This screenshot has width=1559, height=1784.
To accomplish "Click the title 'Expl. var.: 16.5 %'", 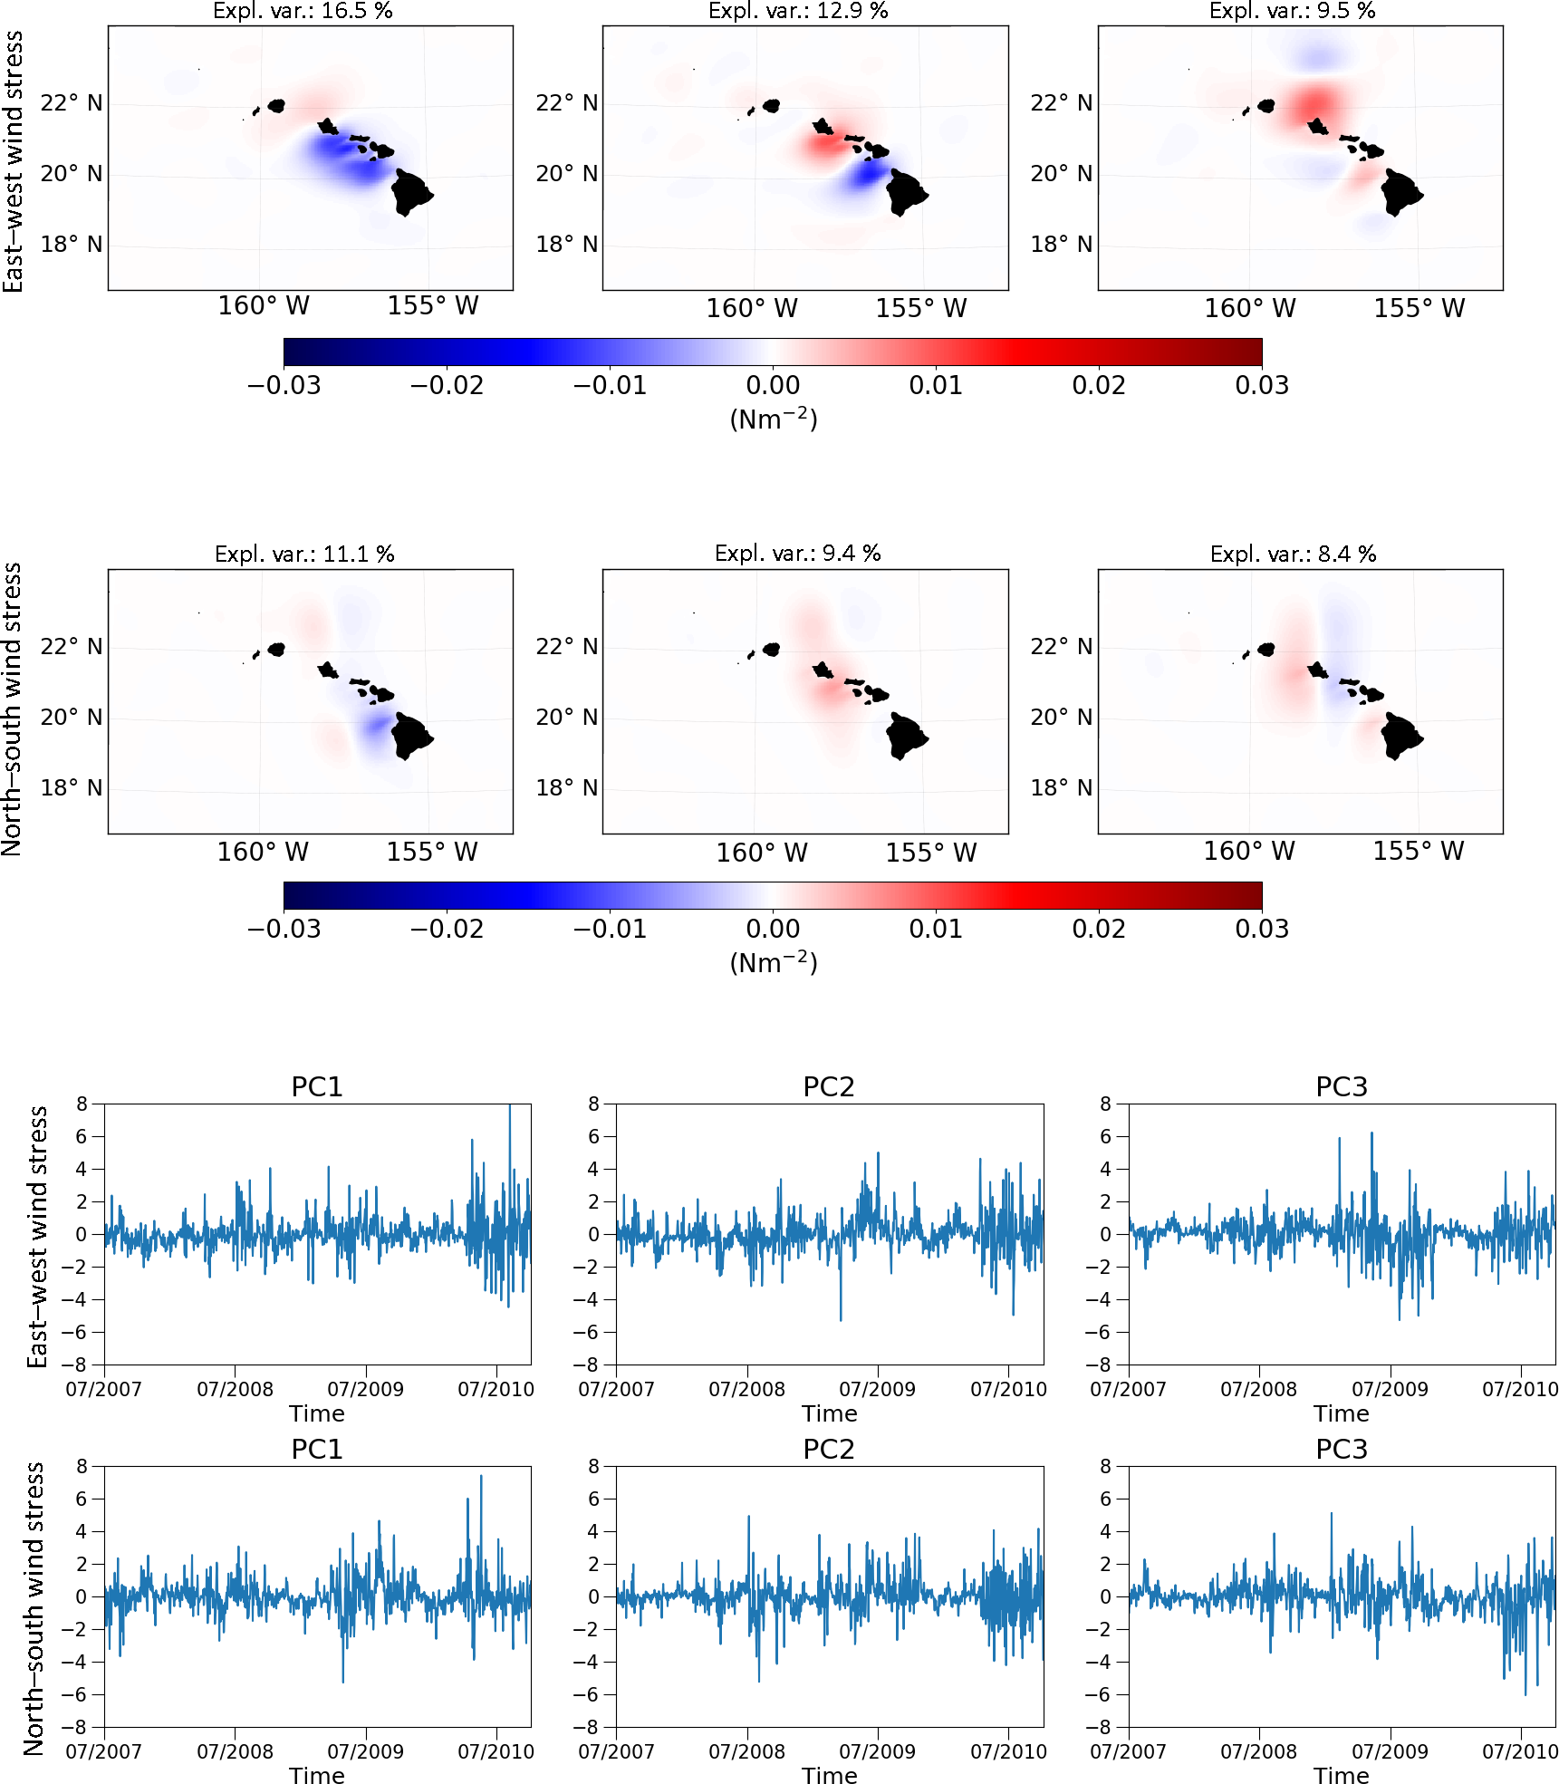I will [303, 11].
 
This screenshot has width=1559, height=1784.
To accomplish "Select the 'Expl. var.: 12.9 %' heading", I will [798, 11].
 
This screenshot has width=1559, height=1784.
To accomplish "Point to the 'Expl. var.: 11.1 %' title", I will [304, 554].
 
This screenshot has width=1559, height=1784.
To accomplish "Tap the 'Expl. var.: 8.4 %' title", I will [1293, 554].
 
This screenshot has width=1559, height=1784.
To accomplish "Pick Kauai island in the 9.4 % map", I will [772, 650].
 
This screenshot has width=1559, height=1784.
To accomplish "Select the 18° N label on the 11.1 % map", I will [71, 787].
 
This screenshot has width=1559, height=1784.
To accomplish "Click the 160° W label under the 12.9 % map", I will [752, 309].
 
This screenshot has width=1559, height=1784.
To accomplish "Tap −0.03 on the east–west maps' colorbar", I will [284, 386].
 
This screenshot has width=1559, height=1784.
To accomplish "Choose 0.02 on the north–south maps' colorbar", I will [1099, 930].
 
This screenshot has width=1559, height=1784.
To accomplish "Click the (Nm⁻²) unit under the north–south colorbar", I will [774, 962].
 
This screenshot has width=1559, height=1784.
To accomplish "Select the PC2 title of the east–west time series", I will [829, 1086].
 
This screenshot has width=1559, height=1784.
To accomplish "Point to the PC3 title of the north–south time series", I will [1341, 1449].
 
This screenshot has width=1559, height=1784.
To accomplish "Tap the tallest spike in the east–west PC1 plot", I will [510, 1108].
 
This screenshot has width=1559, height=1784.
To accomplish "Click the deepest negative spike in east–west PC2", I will [841, 1319].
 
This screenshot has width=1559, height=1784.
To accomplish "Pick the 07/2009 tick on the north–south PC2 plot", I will [877, 1751].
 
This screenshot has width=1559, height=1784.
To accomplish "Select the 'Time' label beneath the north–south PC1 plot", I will [317, 1775].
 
